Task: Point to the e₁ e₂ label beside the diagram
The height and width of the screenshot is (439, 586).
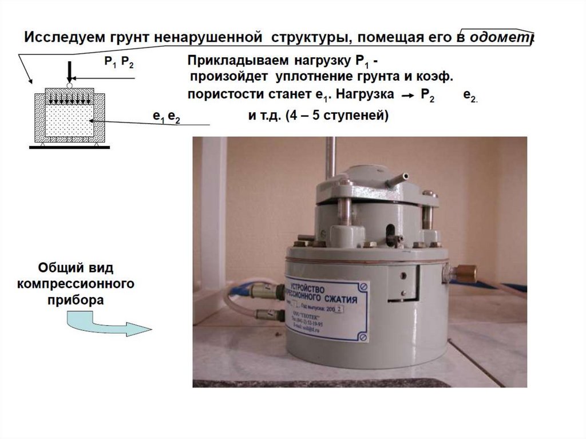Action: (166, 117)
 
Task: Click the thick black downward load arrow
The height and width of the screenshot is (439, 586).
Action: (69, 72)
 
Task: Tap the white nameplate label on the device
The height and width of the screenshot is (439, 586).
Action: (327, 313)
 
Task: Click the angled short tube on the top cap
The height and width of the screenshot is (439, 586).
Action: (397, 180)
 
